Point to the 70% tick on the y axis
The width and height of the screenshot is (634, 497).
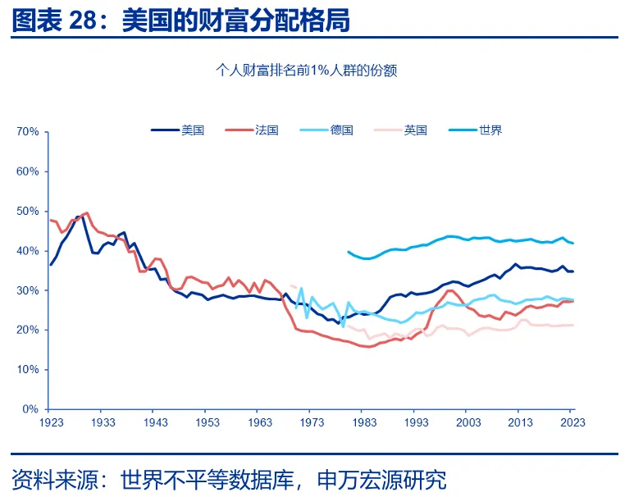click(28, 132)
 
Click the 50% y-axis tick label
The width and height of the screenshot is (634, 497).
click(28, 212)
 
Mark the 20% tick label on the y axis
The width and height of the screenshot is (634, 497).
click(28, 330)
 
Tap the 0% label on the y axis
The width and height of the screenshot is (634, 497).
click(30, 409)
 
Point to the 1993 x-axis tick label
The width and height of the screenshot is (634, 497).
click(417, 422)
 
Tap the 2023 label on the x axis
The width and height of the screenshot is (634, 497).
click(572, 422)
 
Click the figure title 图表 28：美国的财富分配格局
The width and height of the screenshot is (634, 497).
click(180, 21)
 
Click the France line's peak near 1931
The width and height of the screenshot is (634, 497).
click(87, 212)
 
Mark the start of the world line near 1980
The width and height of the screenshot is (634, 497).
click(348, 252)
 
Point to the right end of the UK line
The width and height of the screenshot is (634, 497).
click(573, 326)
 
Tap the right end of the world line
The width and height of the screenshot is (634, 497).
click(573, 243)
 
